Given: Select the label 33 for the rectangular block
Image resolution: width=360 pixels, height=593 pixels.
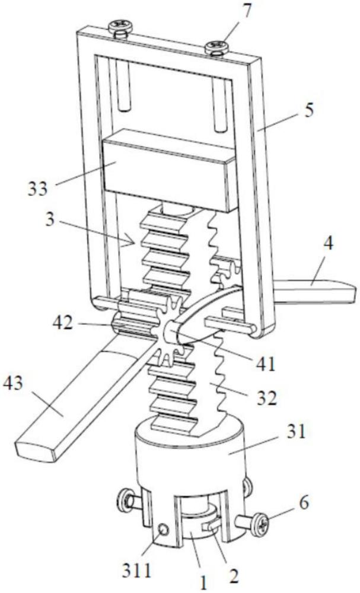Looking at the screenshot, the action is [x=38, y=187].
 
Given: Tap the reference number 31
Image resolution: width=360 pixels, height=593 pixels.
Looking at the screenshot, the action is [x=295, y=432].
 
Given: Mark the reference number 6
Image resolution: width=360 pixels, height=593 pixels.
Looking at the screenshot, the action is [x=304, y=503].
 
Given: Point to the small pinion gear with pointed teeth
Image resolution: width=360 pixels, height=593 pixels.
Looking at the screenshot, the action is [x=167, y=332].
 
